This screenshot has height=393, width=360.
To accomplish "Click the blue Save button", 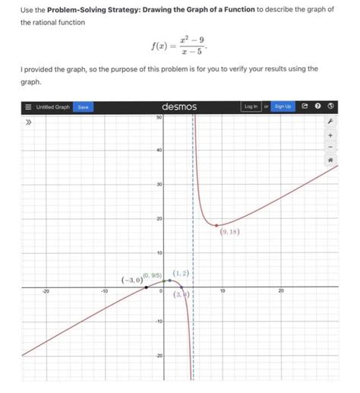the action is pyautogui.click(x=83, y=107).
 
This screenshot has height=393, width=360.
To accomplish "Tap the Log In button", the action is pyautogui.click(x=249, y=107).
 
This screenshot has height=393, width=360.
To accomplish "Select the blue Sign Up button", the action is pyautogui.click(x=282, y=107).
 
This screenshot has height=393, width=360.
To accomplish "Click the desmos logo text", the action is pyautogui.click(x=179, y=107).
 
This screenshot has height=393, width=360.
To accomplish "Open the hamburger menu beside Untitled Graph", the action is pyautogui.click(x=27, y=107).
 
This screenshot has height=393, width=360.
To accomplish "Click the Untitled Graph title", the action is pyautogui.click(x=53, y=107).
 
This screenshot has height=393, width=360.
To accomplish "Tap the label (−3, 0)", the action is pyautogui.click(x=131, y=280).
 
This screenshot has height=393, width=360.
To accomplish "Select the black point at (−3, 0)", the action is pyautogui.click(x=147, y=287).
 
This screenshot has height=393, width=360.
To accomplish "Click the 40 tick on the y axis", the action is pyautogui.click(x=158, y=151).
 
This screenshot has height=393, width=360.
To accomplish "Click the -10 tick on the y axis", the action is pyautogui.click(x=157, y=321).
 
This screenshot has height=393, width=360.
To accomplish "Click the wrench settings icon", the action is pyautogui.click(x=330, y=121).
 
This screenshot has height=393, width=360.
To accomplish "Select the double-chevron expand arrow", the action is pyautogui.click(x=30, y=121).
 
